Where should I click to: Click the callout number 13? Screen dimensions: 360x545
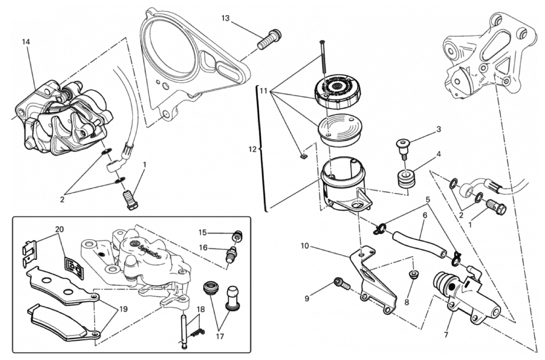click(226, 18)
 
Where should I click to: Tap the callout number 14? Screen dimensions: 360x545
click(26, 42)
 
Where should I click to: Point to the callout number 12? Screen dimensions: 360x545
click(254, 149)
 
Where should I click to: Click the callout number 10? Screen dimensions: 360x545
click(305, 246)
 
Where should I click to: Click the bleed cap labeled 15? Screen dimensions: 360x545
click(237, 236)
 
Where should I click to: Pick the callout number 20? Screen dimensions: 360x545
click(58, 229)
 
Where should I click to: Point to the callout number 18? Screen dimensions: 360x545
click(200, 309)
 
